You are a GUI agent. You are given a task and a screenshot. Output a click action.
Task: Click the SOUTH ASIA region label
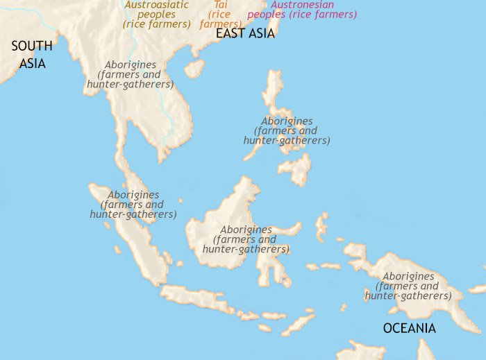coord(31,54)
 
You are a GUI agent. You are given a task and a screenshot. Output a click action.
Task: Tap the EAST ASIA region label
coord(245,33)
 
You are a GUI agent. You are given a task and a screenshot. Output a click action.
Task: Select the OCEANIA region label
coord(410,328)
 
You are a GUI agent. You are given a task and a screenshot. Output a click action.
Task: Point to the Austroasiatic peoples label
coord(157,14)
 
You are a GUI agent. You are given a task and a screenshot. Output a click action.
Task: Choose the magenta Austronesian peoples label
coord(302,10)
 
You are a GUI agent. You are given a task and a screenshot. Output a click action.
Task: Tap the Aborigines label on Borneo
coord(246,239)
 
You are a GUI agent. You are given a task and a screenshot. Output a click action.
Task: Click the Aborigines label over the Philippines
coord(287,130)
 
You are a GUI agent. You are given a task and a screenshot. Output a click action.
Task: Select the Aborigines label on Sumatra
coord(133,205)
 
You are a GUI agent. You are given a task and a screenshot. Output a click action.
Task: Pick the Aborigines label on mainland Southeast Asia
coord(130,74)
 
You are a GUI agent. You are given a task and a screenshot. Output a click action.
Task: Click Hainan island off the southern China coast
coord(194,68)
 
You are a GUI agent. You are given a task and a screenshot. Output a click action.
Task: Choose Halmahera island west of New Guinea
coord(321,225)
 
